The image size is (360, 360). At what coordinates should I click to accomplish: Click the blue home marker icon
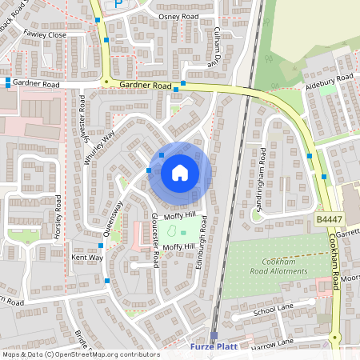[x=180, y=173]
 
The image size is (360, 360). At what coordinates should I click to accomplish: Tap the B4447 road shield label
[x=328, y=217]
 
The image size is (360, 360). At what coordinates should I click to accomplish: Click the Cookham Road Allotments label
[x=284, y=266]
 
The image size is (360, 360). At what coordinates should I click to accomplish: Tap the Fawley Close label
[x=45, y=34]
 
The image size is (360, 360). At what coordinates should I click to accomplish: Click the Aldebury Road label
[x=330, y=82]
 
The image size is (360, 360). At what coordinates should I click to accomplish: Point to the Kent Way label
[x=87, y=258]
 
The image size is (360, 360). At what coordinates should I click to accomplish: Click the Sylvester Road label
[x=82, y=119]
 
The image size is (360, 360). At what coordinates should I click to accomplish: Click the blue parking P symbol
[x=119, y=4]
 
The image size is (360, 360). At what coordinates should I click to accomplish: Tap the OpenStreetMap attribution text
[x=81, y=354]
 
